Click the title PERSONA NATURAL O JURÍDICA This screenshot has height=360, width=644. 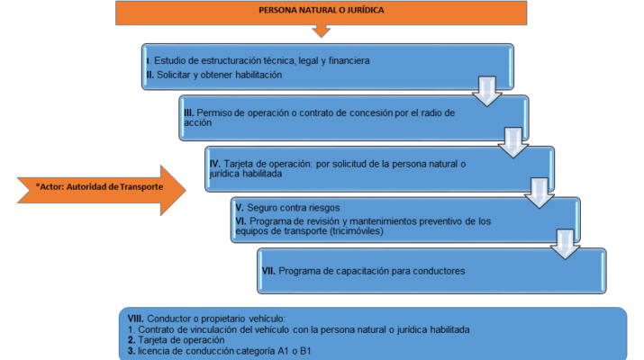point(322,10)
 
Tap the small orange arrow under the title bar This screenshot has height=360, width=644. point(322,31)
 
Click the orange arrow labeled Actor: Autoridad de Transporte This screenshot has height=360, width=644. point(102,190)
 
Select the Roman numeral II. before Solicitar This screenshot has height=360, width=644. point(150,75)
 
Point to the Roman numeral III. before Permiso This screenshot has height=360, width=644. point(188,112)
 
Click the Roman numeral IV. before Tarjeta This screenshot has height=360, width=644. point(214,164)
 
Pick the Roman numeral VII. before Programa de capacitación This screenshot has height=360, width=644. point(268,271)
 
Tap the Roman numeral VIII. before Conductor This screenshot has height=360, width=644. point(135,319)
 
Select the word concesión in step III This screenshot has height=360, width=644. point(369,112)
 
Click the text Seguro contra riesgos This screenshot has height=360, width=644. point(294,208)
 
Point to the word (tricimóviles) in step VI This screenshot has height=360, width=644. point(357,231)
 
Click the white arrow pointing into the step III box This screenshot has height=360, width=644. point(486,91)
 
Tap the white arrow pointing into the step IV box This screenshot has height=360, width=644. point(513,142)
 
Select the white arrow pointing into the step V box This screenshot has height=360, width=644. point(540,193)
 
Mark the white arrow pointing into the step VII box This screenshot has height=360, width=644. point(565,244)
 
